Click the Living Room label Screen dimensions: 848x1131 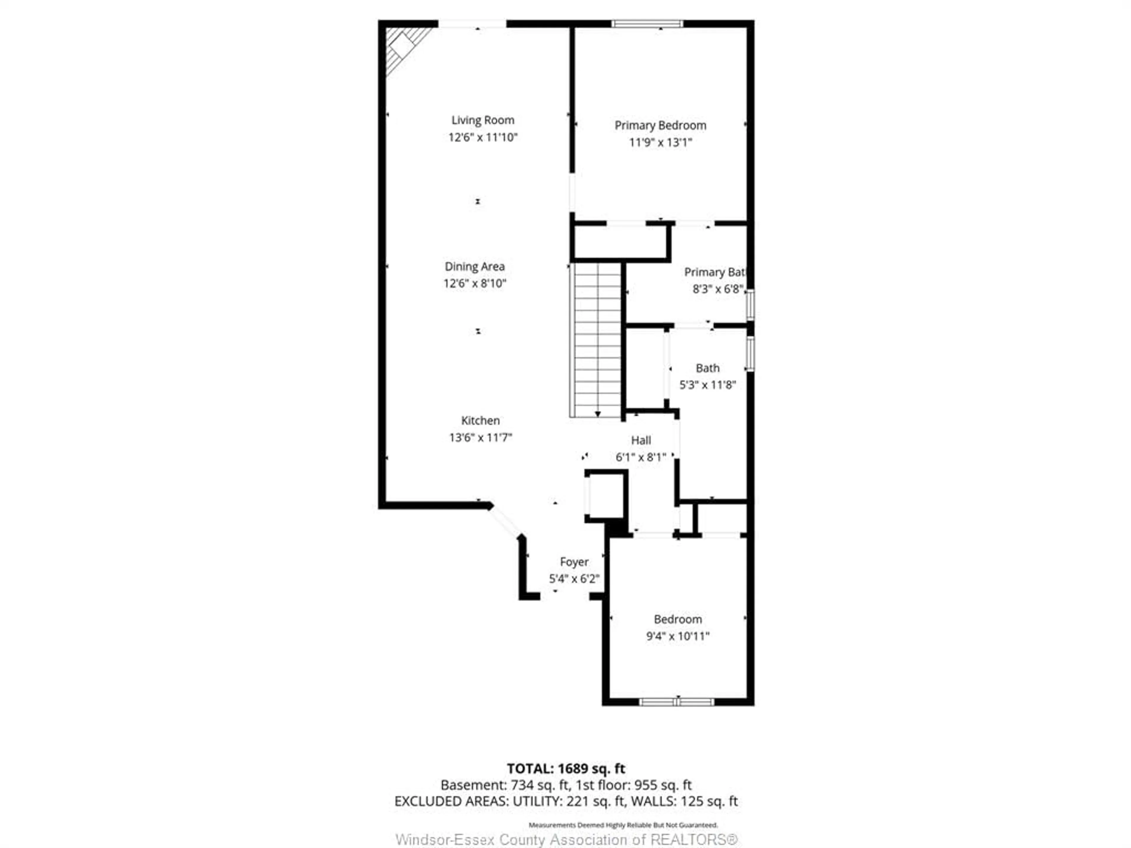coord(482,120)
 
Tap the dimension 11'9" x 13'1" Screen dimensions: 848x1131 coord(660,142)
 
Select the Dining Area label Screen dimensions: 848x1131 coord(474,266)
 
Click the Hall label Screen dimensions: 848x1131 coord(641,440)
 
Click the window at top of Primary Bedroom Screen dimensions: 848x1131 coord(647,24)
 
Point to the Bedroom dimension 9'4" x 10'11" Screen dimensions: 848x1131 coord(677,636)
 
